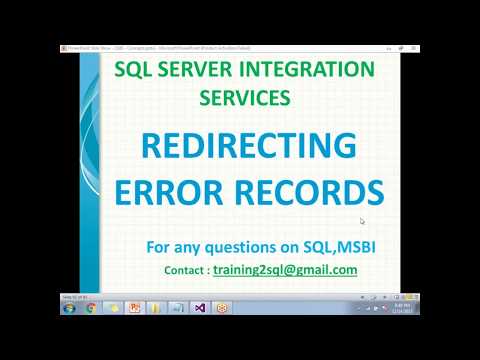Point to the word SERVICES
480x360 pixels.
(245, 97)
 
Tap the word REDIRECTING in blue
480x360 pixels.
(247, 147)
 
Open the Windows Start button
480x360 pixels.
(69, 308)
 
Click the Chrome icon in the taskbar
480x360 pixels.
(91, 308)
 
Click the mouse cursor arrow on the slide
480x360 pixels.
(362, 221)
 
